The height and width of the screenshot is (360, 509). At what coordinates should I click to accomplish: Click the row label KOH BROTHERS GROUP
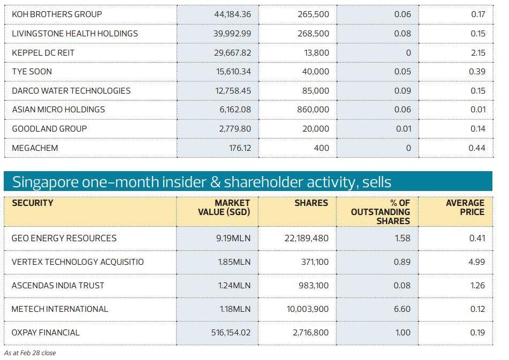point(57,14)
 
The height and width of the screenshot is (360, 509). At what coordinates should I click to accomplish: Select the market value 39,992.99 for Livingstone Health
point(228,33)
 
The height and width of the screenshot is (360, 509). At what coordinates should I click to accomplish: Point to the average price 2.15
point(477,52)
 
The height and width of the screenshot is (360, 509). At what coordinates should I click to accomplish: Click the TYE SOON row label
point(32,71)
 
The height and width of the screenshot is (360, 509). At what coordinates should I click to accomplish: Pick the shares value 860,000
point(313,109)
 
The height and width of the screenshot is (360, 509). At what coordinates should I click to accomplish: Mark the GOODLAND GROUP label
point(49,128)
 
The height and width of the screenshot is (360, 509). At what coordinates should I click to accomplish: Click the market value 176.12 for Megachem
point(240,148)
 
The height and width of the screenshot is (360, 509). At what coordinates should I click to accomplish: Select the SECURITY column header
point(33,203)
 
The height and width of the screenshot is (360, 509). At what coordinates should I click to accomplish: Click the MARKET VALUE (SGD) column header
point(224,208)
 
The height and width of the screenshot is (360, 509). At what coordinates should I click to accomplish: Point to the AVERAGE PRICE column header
point(465,208)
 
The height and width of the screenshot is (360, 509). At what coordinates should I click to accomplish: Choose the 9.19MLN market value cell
point(233,238)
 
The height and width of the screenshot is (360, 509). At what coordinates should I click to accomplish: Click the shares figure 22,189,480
point(307,238)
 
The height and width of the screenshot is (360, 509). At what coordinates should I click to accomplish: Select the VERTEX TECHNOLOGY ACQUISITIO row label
point(78,262)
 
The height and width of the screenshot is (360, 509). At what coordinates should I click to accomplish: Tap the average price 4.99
point(477,262)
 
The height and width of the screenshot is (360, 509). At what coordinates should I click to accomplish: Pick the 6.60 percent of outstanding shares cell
point(402,309)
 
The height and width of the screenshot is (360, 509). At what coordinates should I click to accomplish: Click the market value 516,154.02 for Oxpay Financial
point(231,332)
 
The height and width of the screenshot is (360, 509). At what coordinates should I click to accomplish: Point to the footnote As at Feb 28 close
point(30,353)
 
